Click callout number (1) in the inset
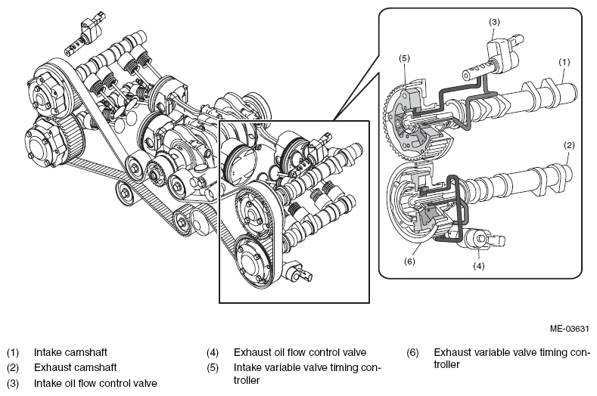pyautogui.click(x=564, y=62)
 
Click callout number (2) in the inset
pyautogui.click(x=569, y=145)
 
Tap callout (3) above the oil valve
pyautogui.click(x=494, y=22)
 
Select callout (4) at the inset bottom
pyautogui.click(x=479, y=266)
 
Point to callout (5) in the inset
pyautogui.click(x=404, y=58)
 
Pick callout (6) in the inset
pyautogui.click(x=409, y=261)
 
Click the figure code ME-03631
pyautogui.click(x=569, y=328)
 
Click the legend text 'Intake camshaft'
pyautogui.click(x=70, y=352)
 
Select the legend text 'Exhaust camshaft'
pyautogui.click(x=76, y=367)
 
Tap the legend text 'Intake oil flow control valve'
pyautogui.click(x=95, y=382)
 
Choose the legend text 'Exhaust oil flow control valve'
pyautogui.click(x=300, y=352)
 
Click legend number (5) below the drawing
pyautogui.click(x=213, y=368)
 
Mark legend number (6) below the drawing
pyautogui.click(x=412, y=353)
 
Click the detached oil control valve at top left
pyautogui.click(x=84, y=35)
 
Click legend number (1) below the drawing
pyautogui.click(x=13, y=353)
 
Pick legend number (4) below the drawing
pyautogui.click(x=213, y=353)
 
